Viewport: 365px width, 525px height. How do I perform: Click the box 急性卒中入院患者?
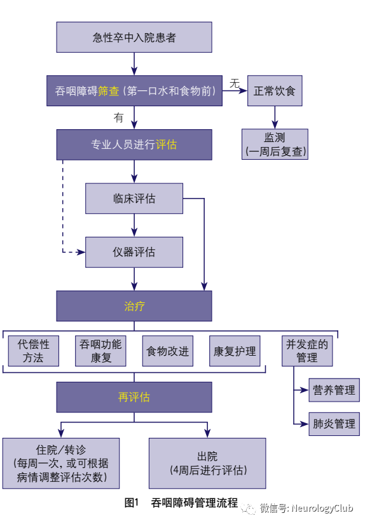pyautogui.click(x=134, y=38)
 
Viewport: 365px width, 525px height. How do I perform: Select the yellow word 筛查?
pyautogui.click(x=109, y=91)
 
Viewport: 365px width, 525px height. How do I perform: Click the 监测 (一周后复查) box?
pyautogui.click(x=275, y=144)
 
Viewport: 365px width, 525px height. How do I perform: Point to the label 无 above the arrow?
pyautogui.click(x=235, y=83)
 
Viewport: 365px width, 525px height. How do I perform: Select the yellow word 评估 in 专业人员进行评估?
pyautogui.click(x=166, y=144)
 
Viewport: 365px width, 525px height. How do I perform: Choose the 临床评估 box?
pyautogui.click(x=134, y=199)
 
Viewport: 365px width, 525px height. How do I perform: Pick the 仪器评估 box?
pyautogui.click(x=134, y=252)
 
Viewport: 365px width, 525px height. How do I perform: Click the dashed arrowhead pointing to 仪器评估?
pyautogui.click(x=81, y=253)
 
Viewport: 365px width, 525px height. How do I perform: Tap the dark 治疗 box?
pyautogui.click(x=134, y=306)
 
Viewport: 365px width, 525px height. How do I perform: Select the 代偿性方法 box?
pyautogui.click(x=34, y=351)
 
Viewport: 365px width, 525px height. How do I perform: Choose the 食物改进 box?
pyautogui.click(x=168, y=351)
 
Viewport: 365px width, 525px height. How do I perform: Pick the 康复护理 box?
pyautogui.click(x=235, y=351)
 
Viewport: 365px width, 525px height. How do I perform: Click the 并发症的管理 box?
pyautogui.click(x=307, y=351)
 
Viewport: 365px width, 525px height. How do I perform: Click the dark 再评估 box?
pyautogui.click(x=134, y=397)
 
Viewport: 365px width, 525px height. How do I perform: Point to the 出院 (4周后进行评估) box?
pyautogui.click(x=207, y=463)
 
